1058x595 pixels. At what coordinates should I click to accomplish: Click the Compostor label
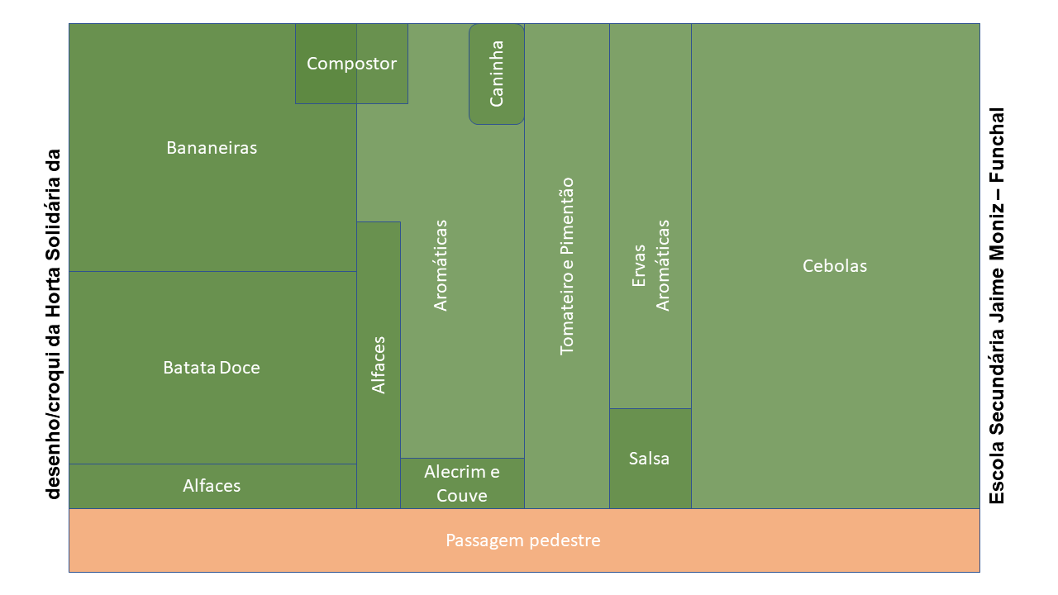[x=351, y=64]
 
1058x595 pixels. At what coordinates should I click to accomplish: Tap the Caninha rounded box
[x=497, y=74]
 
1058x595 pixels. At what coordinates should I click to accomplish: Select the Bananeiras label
[x=212, y=148]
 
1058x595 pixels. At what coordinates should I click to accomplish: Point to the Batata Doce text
[x=212, y=368]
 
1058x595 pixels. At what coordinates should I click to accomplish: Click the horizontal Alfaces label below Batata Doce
[x=212, y=485]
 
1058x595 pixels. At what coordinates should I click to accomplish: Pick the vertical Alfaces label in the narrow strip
[x=379, y=365]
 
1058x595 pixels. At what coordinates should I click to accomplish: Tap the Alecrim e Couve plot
[x=462, y=483]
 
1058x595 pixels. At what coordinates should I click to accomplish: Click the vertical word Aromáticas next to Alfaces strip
[x=441, y=265]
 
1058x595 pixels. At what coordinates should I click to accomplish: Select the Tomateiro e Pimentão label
[x=566, y=266]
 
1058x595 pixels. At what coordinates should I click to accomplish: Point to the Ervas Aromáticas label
[x=651, y=265]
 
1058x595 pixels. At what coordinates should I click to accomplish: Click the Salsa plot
[x=651, y=459]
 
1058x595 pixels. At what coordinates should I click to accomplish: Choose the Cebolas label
[x=835, y=266]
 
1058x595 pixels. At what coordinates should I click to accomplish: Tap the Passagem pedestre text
[x=523, y=540]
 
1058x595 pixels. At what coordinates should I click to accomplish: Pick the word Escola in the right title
[x=997, y=473]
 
